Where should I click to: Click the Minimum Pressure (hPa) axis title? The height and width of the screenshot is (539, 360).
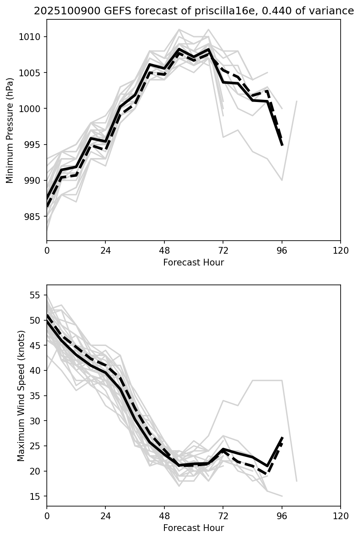[x=10, y=130]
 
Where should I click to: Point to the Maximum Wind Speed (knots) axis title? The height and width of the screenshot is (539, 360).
[x=21, y=395]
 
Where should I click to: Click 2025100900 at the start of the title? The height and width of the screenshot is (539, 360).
[x=62, y=11]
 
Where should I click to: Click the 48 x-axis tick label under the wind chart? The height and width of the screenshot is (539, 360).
[x=164, y=516]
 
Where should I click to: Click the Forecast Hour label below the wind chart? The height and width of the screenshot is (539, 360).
[x=193, y=528]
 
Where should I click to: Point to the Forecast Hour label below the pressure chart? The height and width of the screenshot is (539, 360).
[x=193, y=263]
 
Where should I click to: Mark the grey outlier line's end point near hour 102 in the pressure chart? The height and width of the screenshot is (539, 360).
[x=297, y=102]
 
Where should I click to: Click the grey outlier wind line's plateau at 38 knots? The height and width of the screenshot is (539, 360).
[x=267, y=381]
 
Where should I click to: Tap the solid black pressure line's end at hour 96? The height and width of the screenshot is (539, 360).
[x=282, y=145]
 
